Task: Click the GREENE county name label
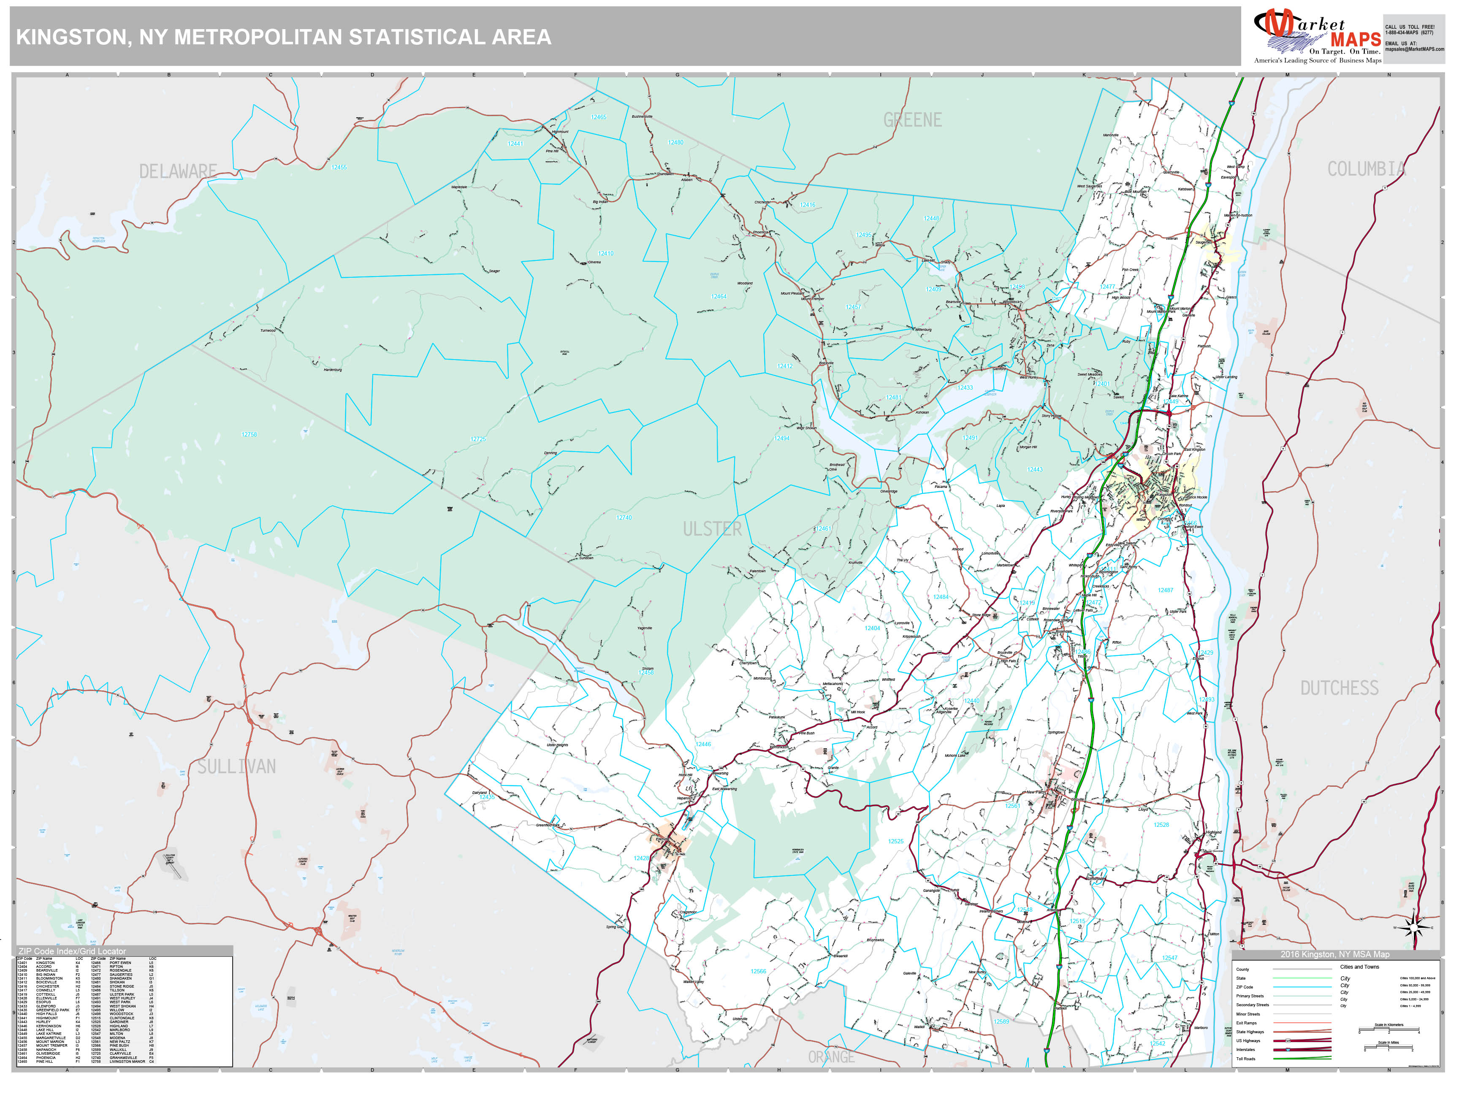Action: point(912,120)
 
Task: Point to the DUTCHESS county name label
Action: point(1339,688)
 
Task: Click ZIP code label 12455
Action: point(339,168)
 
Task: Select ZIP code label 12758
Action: point(249,435)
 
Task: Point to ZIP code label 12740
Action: point(624,517)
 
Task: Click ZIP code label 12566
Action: point(759,971)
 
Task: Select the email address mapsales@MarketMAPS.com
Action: point(1414,49)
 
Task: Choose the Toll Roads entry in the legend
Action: point(1246,1059)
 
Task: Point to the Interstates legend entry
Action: point(1245,1049)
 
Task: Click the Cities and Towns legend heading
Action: point(1359,967)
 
